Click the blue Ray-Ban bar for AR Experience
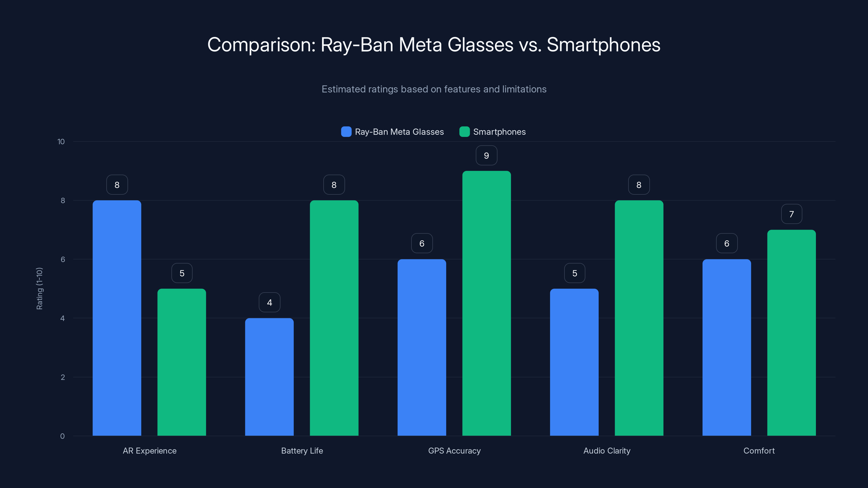click(x=117, y=318)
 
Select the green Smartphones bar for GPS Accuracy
click(x=486, y=303)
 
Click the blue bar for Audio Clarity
click(x=574, y=362)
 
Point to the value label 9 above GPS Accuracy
click(x=486, y=156)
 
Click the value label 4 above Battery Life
click(x=269, y=303)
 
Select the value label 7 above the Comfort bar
click(x=791, y=214)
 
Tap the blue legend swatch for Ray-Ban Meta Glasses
click(x=346, y=132)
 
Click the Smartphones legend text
click(x=499, y=132)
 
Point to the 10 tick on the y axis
click(x=61, y=142)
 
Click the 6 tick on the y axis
click(x=63, y=259)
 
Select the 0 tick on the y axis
click(x=62, y=436)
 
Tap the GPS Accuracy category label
click(x=454, y=451)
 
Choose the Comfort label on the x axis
click(x=759, y=451)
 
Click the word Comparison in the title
click(x=261, y=45)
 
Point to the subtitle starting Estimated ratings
click(x=434, y=89)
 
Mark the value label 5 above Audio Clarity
click(x=575, y=273)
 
